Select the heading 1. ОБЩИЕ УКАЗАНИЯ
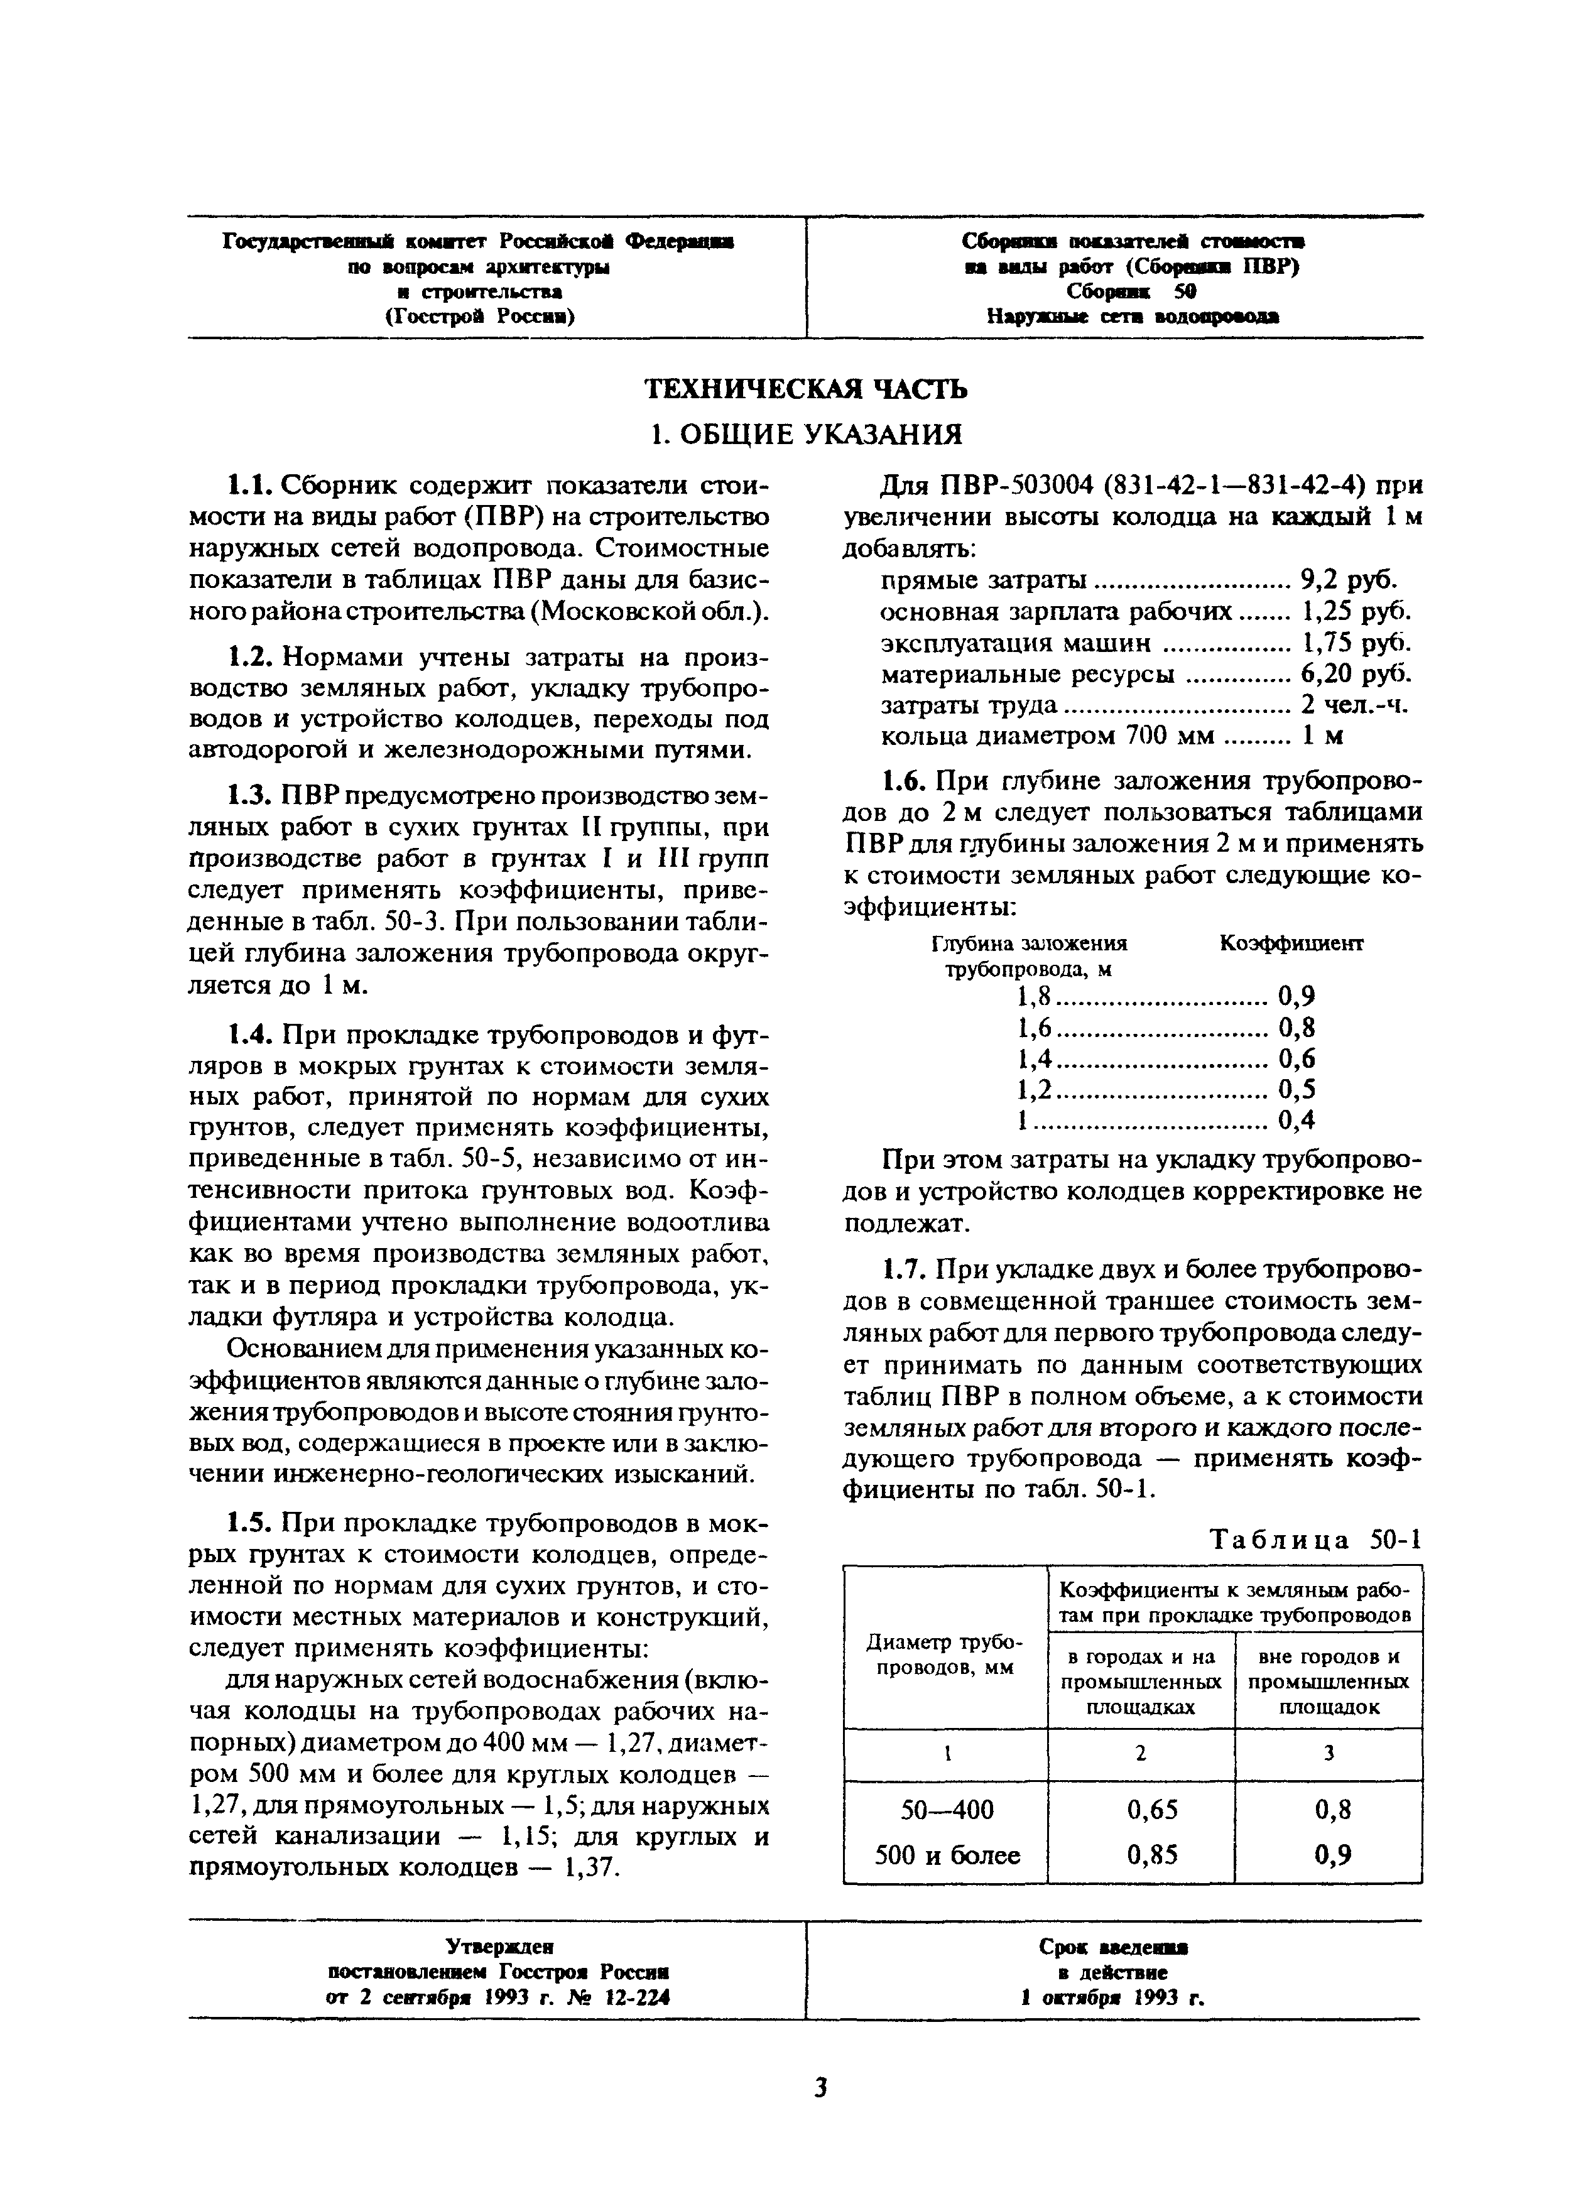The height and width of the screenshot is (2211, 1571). click(806, 434)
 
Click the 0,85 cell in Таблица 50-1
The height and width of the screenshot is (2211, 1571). click(1141, 1854)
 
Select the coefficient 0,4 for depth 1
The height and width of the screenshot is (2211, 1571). click(1297, 1121)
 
